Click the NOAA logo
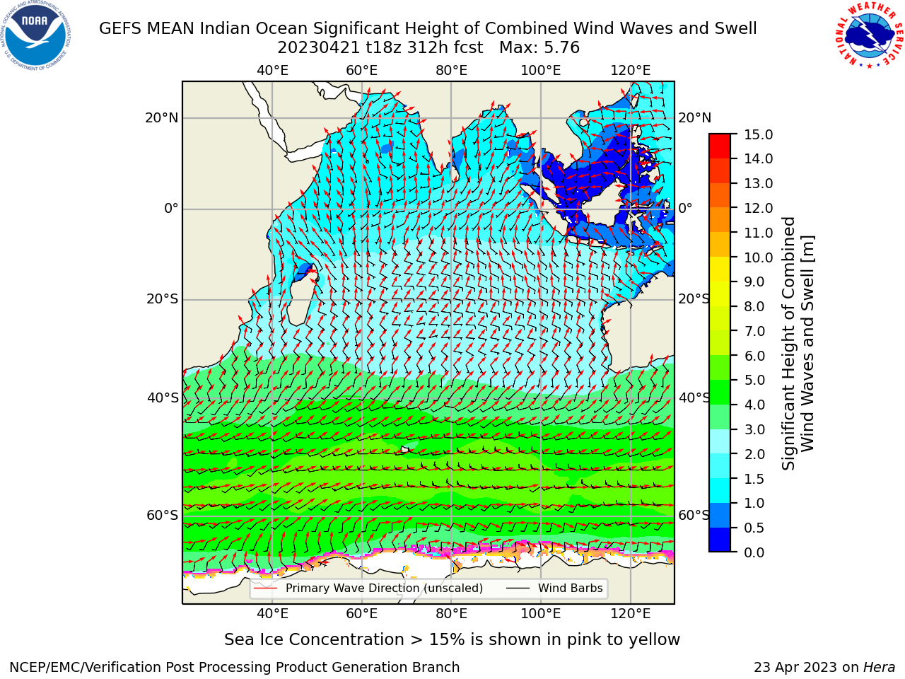pos(36,35)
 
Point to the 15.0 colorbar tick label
pos(758,134)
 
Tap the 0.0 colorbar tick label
pos(754,552)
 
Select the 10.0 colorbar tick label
pos(758,257)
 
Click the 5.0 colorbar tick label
pos(754,380)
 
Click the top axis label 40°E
pos(272,71)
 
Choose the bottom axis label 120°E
pos(631,613)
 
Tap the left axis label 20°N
pos(162,118)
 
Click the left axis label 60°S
pos(163,516)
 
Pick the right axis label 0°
pos(685,208)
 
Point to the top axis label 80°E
pos(452,71)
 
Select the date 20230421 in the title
pos(319,48)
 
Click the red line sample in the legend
pos(265,588)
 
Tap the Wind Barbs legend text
pos(570,588)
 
